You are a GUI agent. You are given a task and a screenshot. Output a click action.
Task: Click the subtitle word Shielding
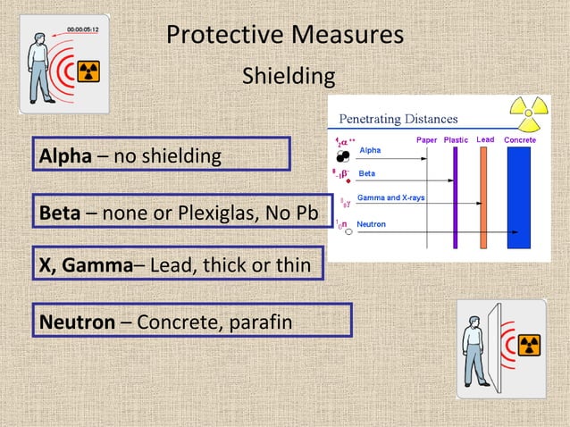289,77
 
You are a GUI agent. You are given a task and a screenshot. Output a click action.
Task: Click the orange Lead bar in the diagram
483,197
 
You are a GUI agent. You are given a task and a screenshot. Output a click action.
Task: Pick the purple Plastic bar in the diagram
455,197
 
